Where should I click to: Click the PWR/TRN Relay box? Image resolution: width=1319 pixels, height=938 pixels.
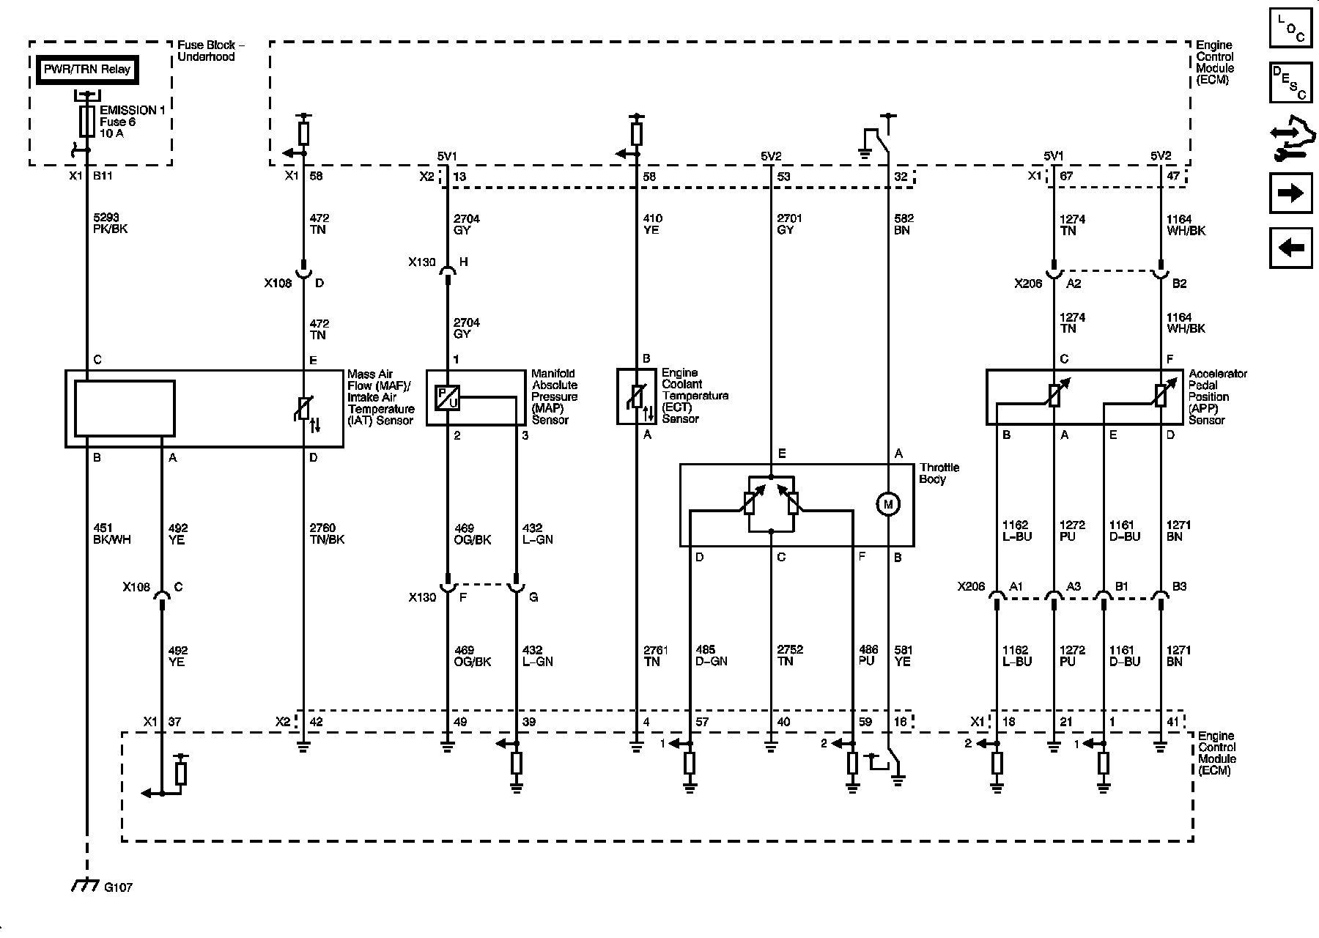[86, 70]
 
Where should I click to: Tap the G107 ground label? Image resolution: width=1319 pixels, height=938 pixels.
[117, 887]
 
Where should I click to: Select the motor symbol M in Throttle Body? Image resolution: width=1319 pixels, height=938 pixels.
[888, 504]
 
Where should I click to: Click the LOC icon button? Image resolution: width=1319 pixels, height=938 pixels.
[1290, 29]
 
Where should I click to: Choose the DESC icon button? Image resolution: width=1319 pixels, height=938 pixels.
[1290, 83]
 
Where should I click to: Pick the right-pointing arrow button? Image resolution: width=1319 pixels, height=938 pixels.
[1290, 193]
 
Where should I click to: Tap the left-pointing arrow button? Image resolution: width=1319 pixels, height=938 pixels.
[1290, 248]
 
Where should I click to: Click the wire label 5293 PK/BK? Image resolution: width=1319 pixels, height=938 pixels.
[107, 224]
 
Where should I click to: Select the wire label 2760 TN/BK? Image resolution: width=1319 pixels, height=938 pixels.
[327, 533]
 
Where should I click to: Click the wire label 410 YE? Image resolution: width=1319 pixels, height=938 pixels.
[652, 224]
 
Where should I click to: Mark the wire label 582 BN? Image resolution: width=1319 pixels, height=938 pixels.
[904, 224]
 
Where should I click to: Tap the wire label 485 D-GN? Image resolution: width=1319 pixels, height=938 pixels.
[710, 656]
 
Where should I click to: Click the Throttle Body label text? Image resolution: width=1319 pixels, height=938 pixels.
[939, 473]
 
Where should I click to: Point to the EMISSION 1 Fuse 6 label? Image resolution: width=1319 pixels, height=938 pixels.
[132, 122]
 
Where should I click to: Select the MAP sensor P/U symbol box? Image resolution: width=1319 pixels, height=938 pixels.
[447, 396]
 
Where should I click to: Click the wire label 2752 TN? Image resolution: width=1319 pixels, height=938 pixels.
[790, 656]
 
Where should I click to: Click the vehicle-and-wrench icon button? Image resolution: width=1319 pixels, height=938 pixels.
[1290, 139]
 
